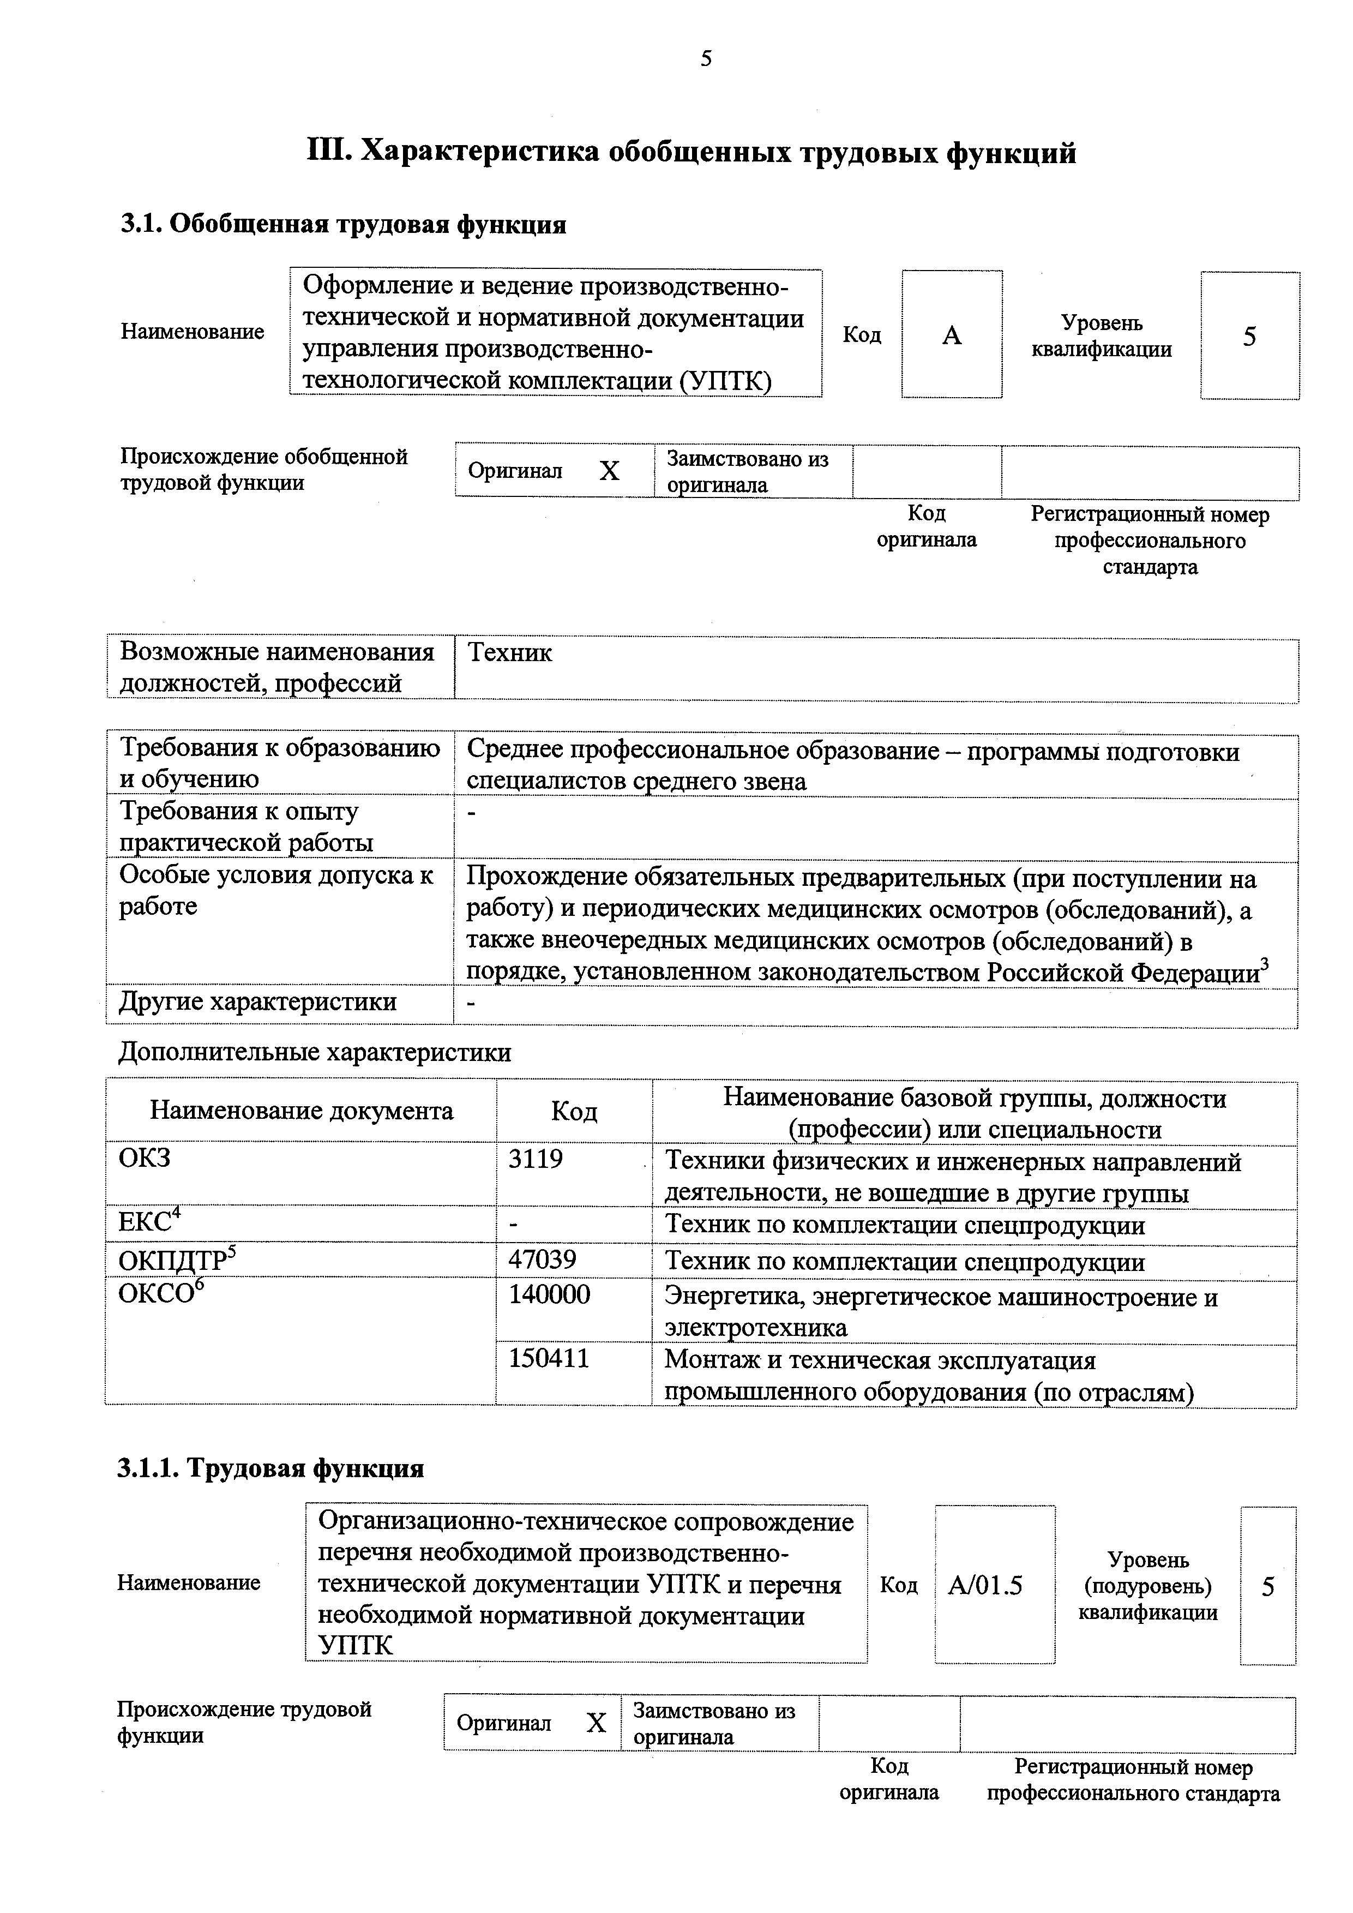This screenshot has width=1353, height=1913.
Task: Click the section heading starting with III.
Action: pyautogui.click(x=691, y=153)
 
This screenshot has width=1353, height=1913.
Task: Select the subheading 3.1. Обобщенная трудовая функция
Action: pyautogui.click(x=343, y=225)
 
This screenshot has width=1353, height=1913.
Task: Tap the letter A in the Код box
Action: pyautogui.click(x=952, y=336)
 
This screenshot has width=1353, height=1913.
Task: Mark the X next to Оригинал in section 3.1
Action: pyautogui.click(x=610, y=472)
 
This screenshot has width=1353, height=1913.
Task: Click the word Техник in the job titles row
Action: pyautogui.click(x=510, y=652)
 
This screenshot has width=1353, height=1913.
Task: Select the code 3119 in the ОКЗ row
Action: pyautogui.click(x=536, y=1159)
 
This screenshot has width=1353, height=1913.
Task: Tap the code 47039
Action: pyautogui.click(x=543, y=1259)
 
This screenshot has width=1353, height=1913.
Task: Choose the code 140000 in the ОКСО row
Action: pyautogui.click(x=549, y=1295)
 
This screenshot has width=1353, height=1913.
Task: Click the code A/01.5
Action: pyautogui.click(x=985, y=1585)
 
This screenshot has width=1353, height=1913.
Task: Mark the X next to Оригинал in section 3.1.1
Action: pyautogui.click(x=596, y=1723)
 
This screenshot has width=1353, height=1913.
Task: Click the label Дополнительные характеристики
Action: pyautogui.click(x=315, y=1053)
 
